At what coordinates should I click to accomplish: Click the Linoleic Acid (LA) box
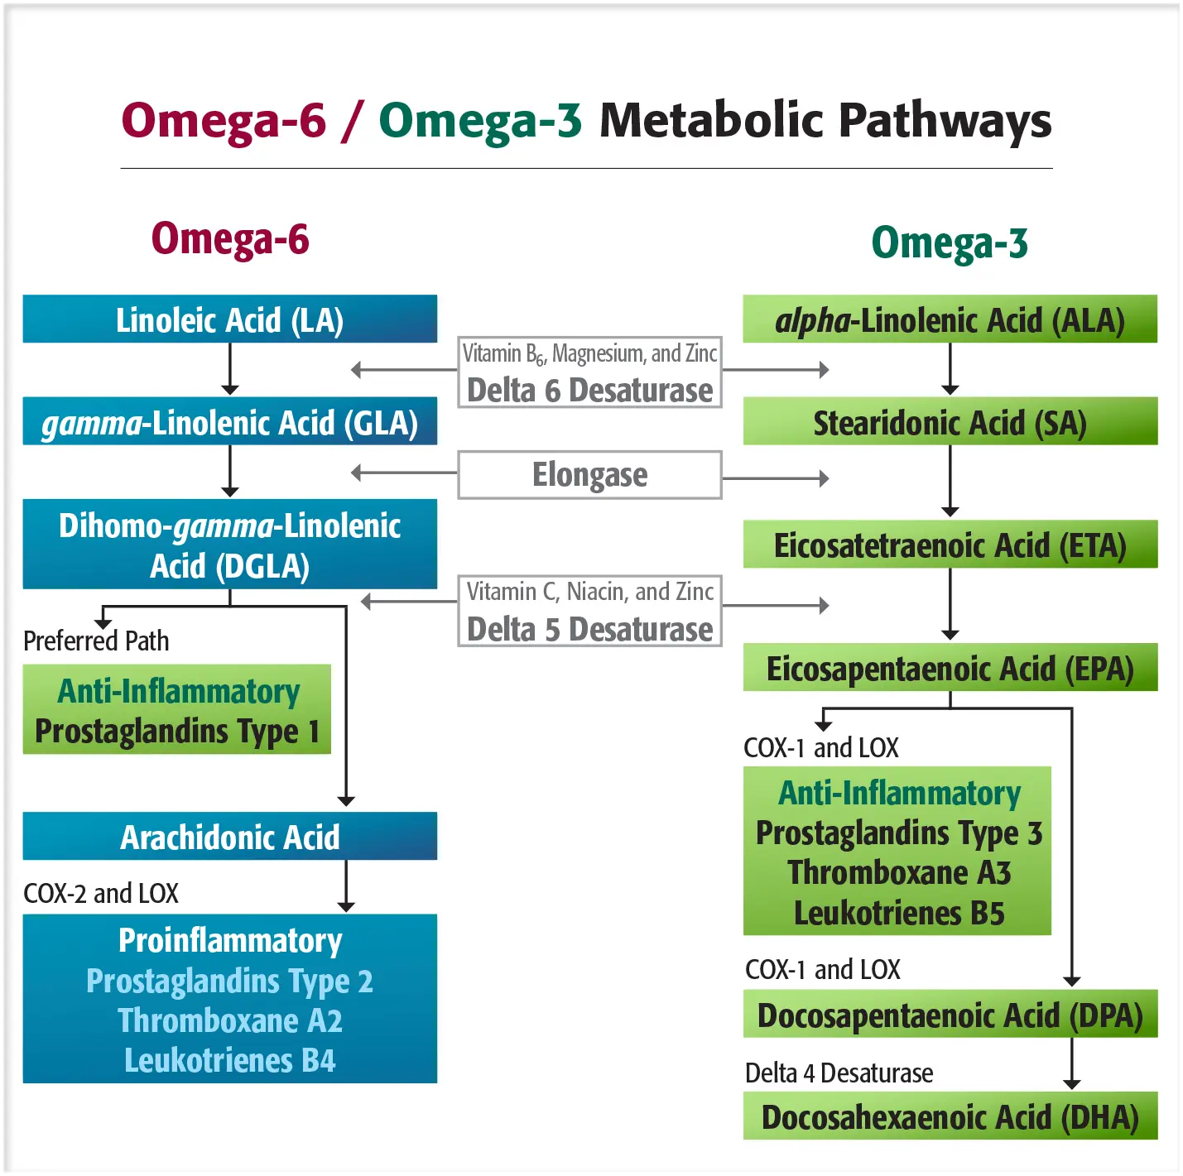coord(229,319)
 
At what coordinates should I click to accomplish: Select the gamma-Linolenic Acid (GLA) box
coord(229,422)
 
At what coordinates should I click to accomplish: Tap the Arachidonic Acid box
coord(229,837)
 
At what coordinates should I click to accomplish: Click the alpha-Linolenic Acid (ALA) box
coord(950,319)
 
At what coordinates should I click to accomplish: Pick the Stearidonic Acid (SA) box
coord(950,422)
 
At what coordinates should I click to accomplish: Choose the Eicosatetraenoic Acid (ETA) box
coord(950,545)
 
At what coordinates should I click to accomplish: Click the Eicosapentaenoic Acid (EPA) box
coord(950,668)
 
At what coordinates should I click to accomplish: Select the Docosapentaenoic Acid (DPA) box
coord(950,1015)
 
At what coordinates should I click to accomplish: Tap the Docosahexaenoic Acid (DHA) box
coord(950,1116)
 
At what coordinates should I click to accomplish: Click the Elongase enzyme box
coord(589,475)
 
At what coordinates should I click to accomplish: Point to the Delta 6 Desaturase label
coord(589,390)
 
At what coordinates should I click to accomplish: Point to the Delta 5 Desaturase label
coord(589,629)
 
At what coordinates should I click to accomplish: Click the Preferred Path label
coord(96,641)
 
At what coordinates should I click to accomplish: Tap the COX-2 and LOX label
coord(101,893)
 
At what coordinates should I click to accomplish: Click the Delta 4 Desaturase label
coord(839,1073)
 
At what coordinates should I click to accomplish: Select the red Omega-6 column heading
coord(230,239)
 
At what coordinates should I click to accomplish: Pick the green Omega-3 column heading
coord(950,243)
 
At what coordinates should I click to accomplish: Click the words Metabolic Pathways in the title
coord(825,121)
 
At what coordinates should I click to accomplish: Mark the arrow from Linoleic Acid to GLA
coord(230,369)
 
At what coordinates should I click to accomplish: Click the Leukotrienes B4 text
coord(230,1060)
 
